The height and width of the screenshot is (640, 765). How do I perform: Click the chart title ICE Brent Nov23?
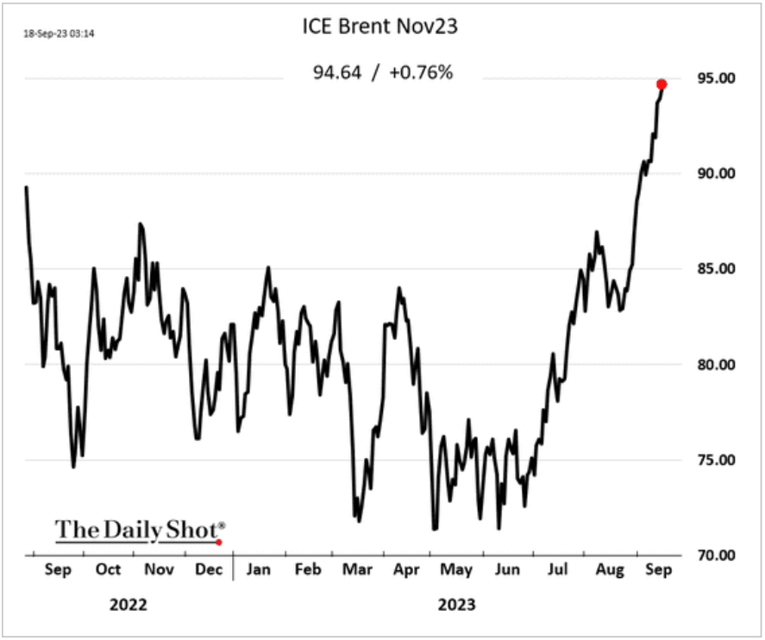tap(379, 27)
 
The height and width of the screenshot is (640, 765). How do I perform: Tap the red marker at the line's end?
tap(662, 84)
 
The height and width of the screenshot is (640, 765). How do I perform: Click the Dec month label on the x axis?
tap(209, 569)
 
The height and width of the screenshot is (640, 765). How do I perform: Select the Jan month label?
tap(258, 569)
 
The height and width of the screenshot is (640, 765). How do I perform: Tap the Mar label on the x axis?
tap(357, 569)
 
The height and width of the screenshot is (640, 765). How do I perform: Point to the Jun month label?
tap(509, 569)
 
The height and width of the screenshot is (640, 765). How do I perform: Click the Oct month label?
tap(108, 569)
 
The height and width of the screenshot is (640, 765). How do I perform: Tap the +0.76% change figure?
tap(422, 72)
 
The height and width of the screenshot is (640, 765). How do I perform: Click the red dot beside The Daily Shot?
tap(219, 543)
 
